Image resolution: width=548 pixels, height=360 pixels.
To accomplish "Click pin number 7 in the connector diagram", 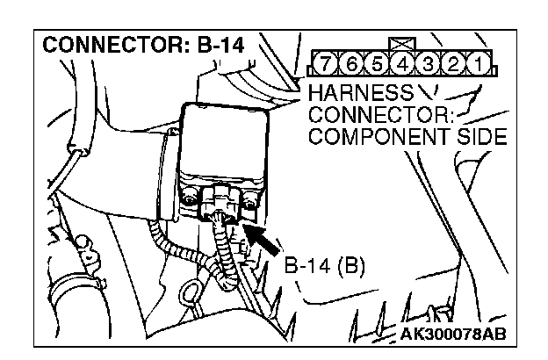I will point(326,65).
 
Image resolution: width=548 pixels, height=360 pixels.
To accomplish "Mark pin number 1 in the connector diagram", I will point(476,65).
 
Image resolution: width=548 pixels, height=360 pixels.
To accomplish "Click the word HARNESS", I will point(349,92).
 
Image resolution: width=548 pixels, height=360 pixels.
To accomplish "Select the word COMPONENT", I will point(374,137).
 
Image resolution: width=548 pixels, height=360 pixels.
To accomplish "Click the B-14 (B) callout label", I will point(326,264).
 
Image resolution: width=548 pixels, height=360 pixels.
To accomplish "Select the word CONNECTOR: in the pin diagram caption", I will point(364,115).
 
